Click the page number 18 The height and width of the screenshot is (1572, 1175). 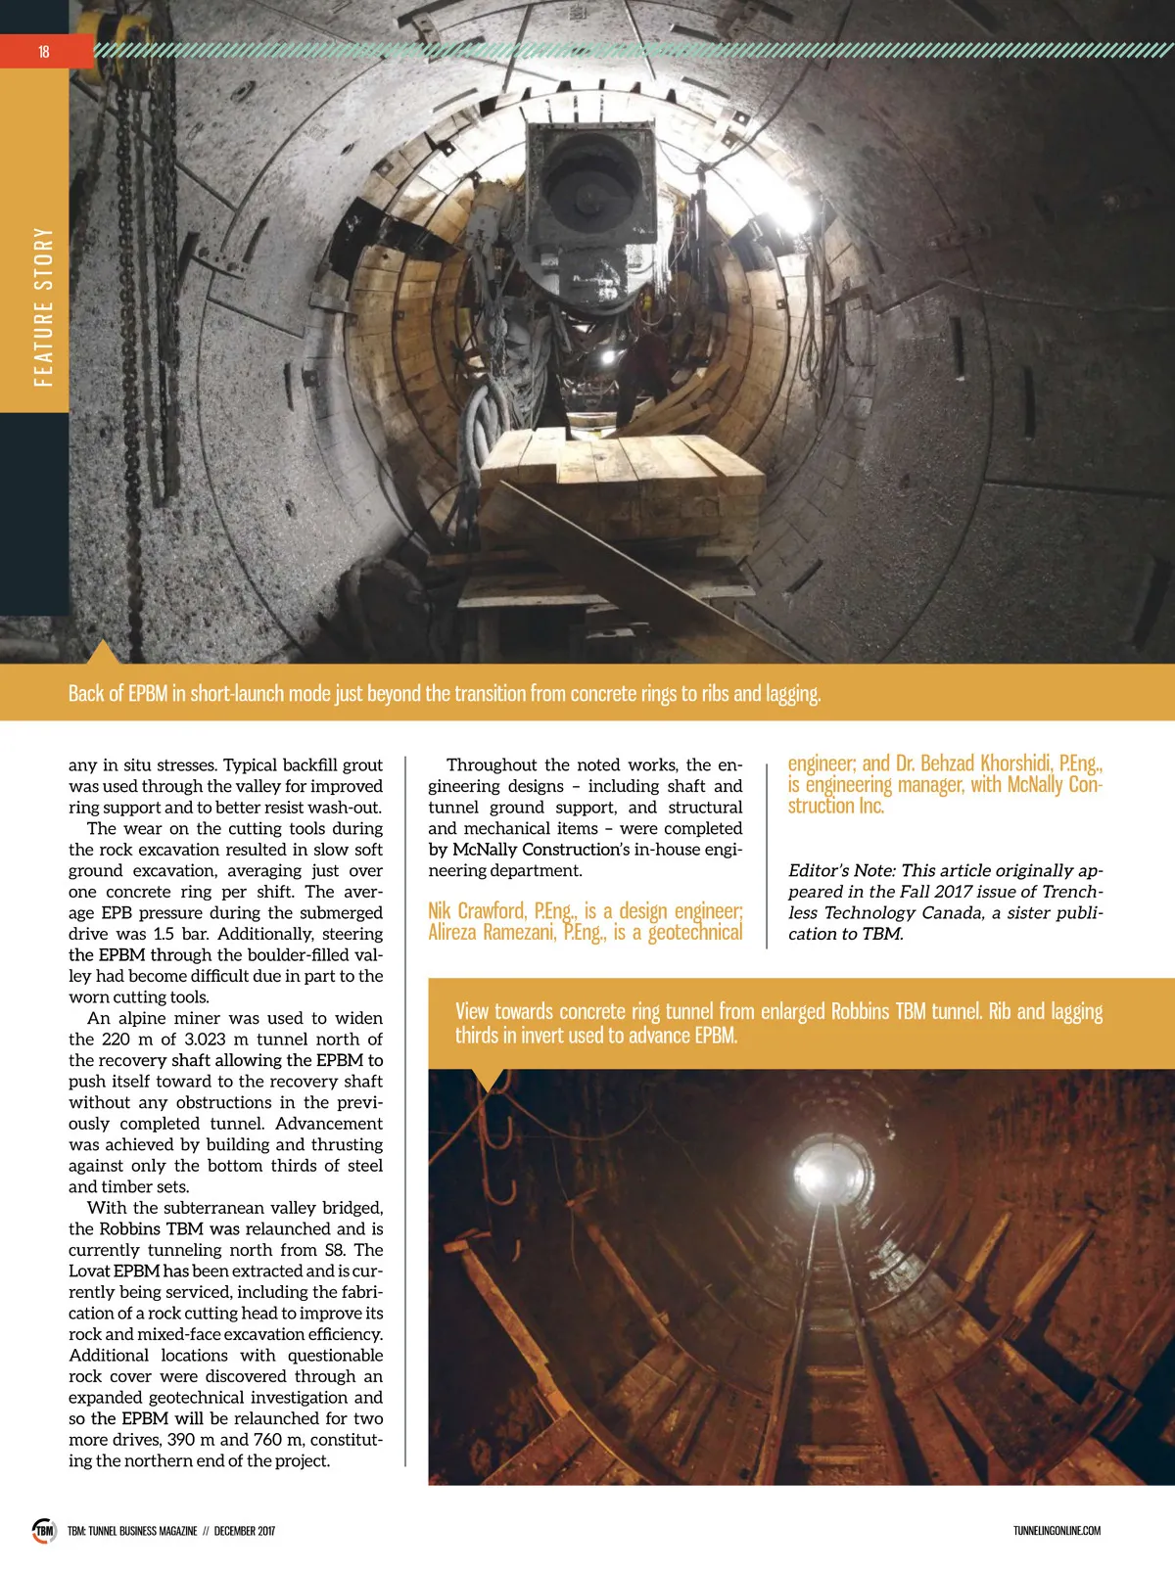tap(43, 52)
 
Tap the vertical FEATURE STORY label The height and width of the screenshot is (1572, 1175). tap(43, 306)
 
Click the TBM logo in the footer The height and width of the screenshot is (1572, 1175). tap(44, 1531)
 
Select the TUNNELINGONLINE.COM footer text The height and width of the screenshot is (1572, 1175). tap(1057, 1531)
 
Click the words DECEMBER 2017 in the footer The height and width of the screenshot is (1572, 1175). tap(244, 1531)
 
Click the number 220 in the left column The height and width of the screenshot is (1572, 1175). tap(116, 1039)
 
